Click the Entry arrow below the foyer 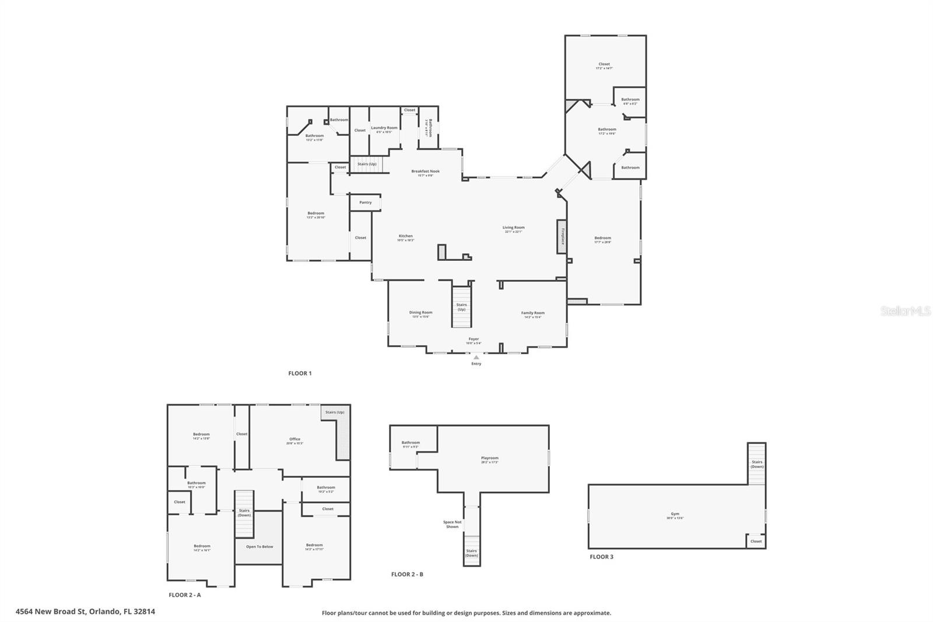[x=476, y=357]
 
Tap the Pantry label [x=366, y=202]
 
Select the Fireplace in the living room [x=562, y=236]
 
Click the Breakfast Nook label [x=425, y=172]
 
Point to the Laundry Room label [x=384, y=128]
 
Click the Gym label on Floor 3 [x=675, y=514]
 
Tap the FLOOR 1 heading [x=300, y=373]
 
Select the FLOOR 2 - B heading [x=407, y=574]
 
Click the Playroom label [x=490, y=458]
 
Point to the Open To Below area [x=259, y=547]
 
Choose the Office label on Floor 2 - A [x=294, y=439]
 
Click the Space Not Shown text [x=452, y=525]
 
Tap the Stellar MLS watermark [x=906, y=312]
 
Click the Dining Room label [x=420, y=313]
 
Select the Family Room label [x=532, y=313]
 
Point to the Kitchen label [x=405, y=236]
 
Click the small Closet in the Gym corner [x=756, y=541]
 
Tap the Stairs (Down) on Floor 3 [x=757, y=464]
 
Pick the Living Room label [x=514, y=228]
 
